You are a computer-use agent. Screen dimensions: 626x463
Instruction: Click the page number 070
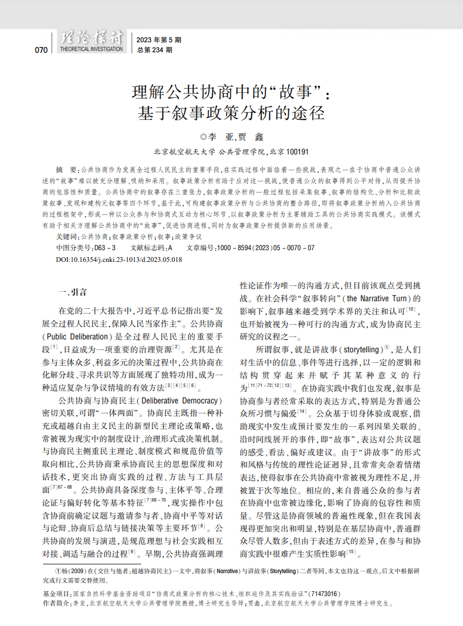click(41, 50)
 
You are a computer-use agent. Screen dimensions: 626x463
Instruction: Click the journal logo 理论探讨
click(92, 38)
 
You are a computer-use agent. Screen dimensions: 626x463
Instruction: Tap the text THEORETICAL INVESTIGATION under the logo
click(92, 49)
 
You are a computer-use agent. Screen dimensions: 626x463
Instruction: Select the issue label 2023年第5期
click(159, 40)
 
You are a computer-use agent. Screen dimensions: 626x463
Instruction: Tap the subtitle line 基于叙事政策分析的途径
click(231, 112)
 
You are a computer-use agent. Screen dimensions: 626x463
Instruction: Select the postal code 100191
click(296, 152)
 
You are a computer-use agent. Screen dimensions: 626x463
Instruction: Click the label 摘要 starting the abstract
click(66, 169)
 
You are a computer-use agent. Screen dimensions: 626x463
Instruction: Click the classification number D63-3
click(105, 248)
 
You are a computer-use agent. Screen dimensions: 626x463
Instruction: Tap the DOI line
click(119, 259)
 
